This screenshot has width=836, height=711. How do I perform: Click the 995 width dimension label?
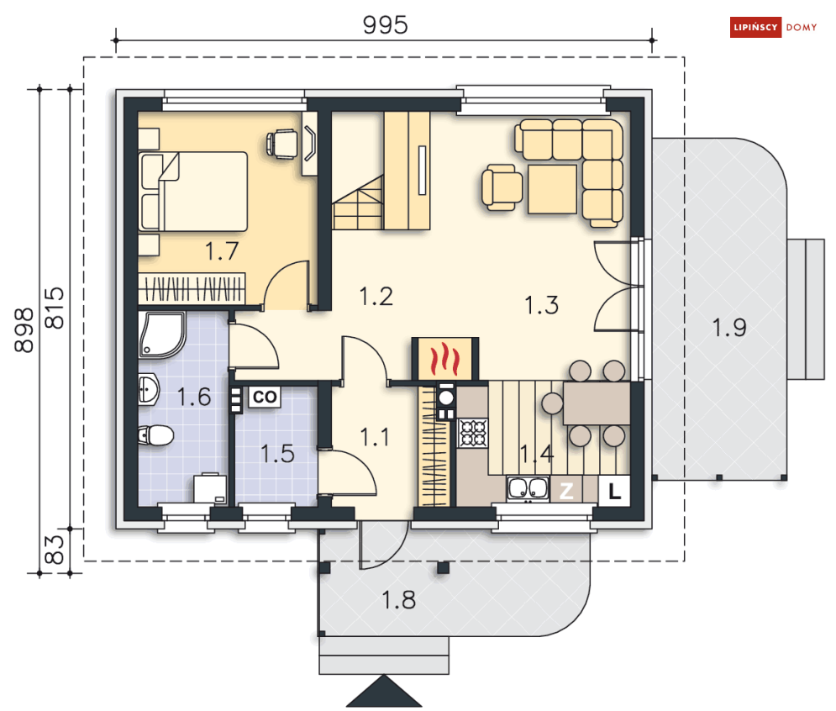tap(385, 24)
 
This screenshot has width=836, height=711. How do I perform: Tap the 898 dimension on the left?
tap(24, 329)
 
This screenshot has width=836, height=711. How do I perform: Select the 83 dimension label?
tap(55, 550)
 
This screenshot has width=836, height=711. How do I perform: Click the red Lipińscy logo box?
tap(755, 27)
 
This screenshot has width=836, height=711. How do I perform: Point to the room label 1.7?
tap(222, 250)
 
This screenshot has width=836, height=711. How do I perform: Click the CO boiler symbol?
tap(265, 397)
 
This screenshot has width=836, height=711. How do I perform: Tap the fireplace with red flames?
tap(445, 359)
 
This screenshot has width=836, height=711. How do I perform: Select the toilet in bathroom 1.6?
tap(155, 434)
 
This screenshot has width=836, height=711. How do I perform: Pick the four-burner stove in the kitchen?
tap(473, 433)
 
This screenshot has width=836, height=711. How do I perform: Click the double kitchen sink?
tap(528, 488)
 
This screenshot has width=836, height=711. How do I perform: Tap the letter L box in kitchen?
tap(614, 491)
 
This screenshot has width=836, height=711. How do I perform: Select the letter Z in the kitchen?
tap(566, 491)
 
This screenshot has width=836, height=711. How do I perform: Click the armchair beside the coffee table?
tap(501, 187)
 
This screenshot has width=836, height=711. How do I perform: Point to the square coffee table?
tap(552, 189)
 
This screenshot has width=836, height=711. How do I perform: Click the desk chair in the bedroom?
tap(282, 144)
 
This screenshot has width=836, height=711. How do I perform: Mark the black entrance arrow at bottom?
tap(384, 692)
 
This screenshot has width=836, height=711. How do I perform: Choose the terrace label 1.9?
tap(728, 327)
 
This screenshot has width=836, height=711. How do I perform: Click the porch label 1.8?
tap(398, 600)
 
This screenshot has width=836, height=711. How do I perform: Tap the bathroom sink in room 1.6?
tap(149, 389)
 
